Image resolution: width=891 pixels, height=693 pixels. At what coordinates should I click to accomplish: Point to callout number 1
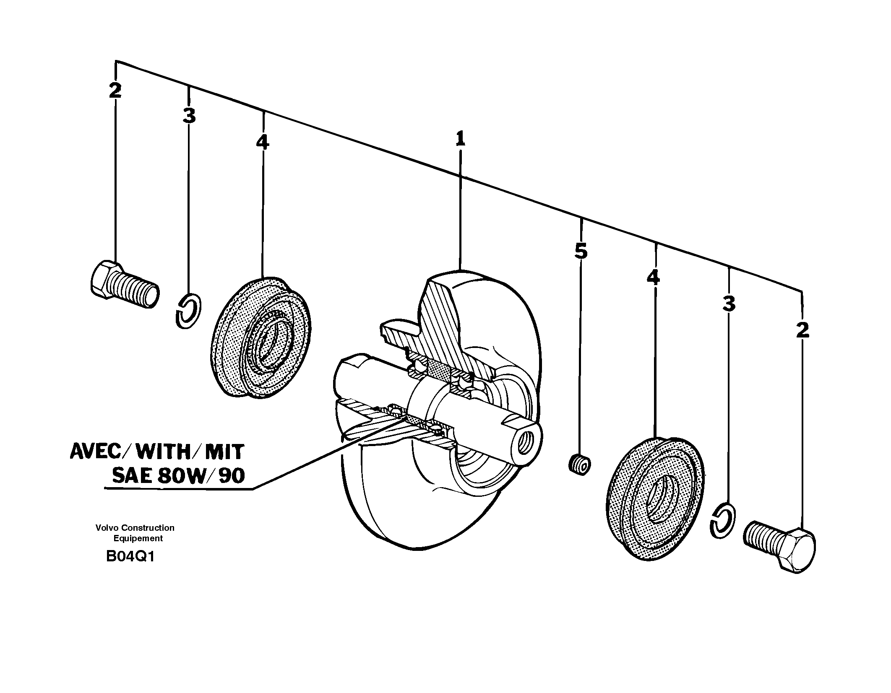(x=460, y=139)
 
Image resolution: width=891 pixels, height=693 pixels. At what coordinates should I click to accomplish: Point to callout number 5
(x=581, y=252)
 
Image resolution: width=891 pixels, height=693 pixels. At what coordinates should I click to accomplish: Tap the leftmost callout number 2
(x=115, y=91)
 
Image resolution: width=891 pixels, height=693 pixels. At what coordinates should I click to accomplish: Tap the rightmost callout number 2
(x=802, y=330)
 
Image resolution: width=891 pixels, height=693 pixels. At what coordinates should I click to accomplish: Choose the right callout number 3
(x=729, y=304)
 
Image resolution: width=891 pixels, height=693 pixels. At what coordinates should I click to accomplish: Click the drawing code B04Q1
(x=130, y=557)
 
